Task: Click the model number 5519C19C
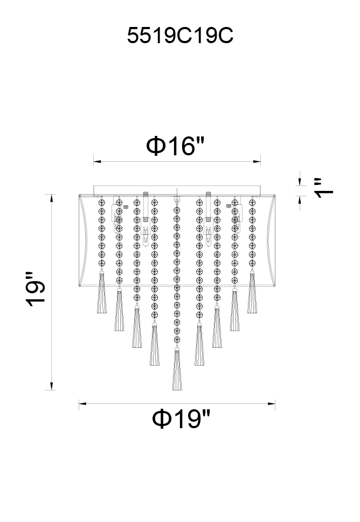180,36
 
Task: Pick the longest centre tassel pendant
177,369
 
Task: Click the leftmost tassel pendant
102,292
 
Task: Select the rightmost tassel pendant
252,292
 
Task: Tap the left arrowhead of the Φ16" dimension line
97,162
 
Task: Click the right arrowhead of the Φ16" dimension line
257,162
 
